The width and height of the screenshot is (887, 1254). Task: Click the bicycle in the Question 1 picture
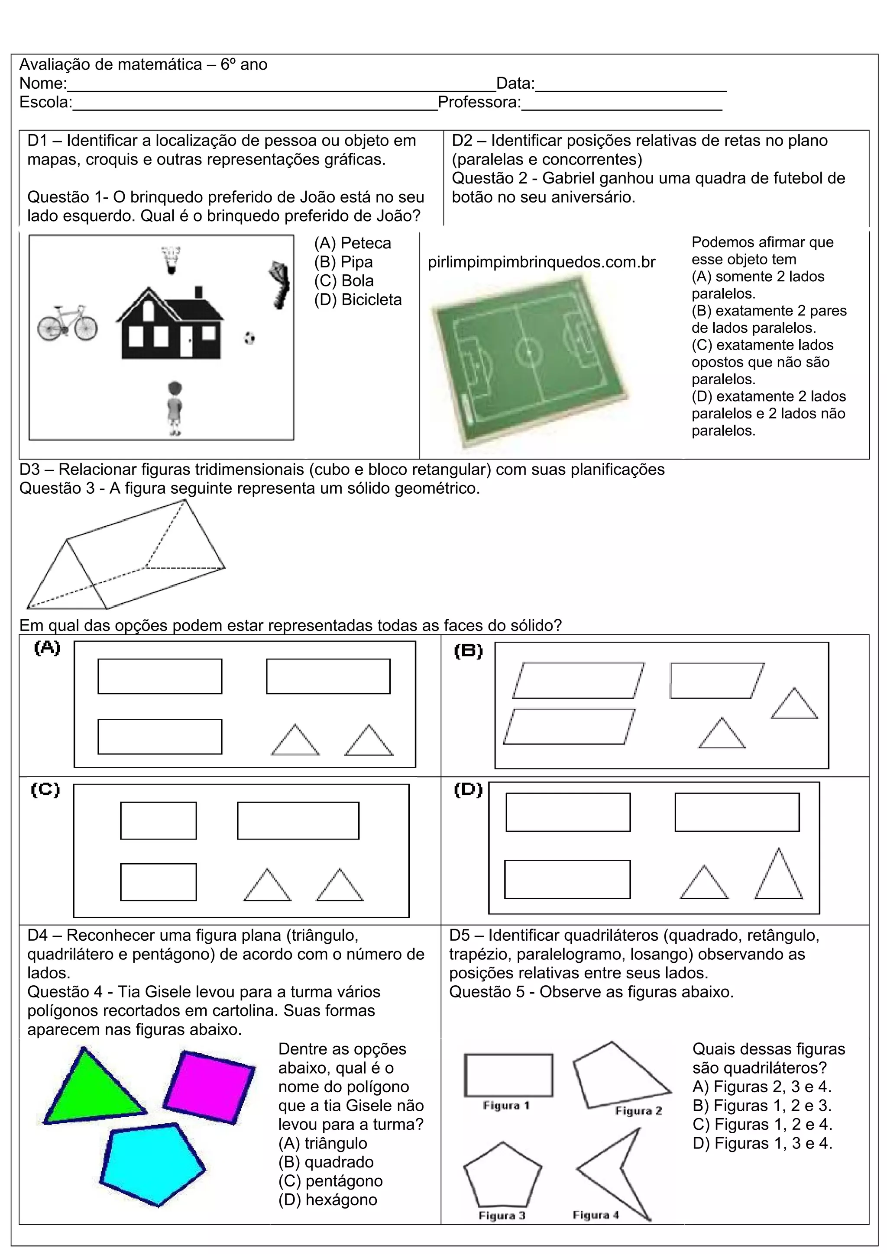(x=68, y=323)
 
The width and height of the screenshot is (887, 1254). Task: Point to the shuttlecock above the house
(x=172, y=260)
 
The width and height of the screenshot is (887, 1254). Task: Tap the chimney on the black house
(x=199, y=292)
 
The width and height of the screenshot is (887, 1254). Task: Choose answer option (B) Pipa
(x=343, y=262)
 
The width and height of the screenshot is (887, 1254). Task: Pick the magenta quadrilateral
(x=209, y=1087)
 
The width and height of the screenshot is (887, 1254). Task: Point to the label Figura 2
(x=638, y=1111)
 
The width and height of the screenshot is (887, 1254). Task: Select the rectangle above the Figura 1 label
(x=508, y=1075)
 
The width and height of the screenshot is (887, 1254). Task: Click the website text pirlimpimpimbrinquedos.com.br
(x=541, y=262)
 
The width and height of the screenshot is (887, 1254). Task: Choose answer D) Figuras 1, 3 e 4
(x=762, y=1143)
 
